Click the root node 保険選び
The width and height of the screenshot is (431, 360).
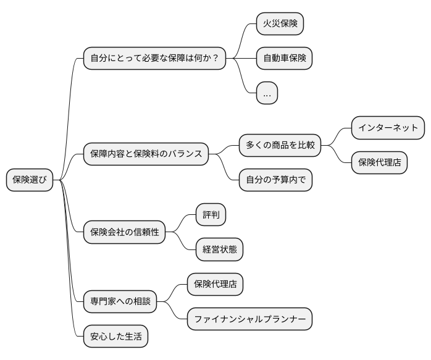(x=30, y=180)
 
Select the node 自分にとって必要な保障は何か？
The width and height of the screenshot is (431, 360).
(x=154, y=59)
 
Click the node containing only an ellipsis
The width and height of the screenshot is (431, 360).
(x=267, y=94)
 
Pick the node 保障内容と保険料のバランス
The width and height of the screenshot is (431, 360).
(x=146, y=154)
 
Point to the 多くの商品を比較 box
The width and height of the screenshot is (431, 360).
(x=280, y=145)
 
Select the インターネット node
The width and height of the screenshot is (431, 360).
(x=388, y=128)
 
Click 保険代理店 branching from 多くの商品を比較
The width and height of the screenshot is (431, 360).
(x=379, y=163)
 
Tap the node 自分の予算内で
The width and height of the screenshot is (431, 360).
(x=276, y=180)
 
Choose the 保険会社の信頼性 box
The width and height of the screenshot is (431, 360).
(x=125, y=232)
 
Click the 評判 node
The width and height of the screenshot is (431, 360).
(x=211, y=215)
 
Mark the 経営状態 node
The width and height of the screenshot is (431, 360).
(x=219, y=249)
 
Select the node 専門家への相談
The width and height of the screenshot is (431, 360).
(x=120, y=302)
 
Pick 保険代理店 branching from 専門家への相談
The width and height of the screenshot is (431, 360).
(x=215, y=285)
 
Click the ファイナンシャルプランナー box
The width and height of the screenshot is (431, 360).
(x=249, y=319)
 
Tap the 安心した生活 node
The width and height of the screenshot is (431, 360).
(x=115, y=337)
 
